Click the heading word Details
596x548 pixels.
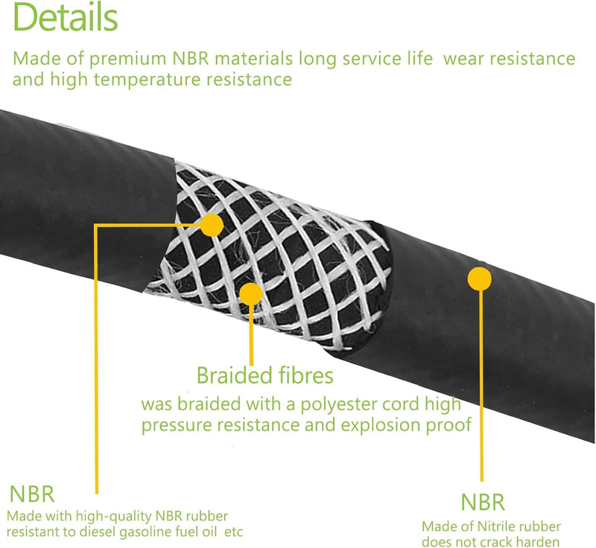coord(66,17)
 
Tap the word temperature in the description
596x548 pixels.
coord(147,80)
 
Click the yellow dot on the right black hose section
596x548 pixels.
coord(479,278)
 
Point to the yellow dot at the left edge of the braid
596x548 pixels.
coord(212,225)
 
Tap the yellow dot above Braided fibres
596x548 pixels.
coord(251,294)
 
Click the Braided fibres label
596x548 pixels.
coord(265,375)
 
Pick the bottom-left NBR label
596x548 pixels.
coord(32,494)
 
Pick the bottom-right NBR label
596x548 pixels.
coord(483,503)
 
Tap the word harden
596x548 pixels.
coord(539,542)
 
